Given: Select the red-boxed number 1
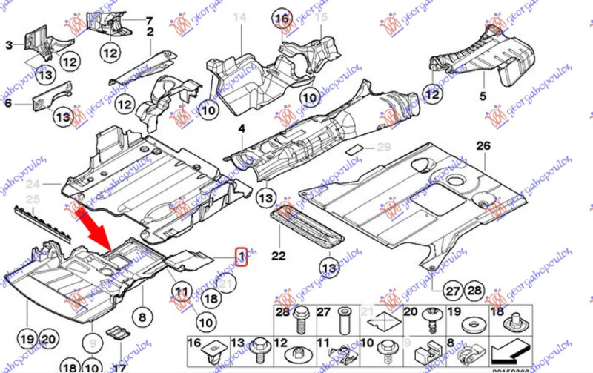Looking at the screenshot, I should pos(241,257).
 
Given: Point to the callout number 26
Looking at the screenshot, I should pos(484,145).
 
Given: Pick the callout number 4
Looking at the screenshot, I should pos(241,129).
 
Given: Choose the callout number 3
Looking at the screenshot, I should pos(148,20).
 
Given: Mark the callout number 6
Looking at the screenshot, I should pos(9,104).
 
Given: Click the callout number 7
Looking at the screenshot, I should pos(148,20).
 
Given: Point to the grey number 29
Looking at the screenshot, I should pos(383,148).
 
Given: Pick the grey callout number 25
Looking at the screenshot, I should pos(32,199).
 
